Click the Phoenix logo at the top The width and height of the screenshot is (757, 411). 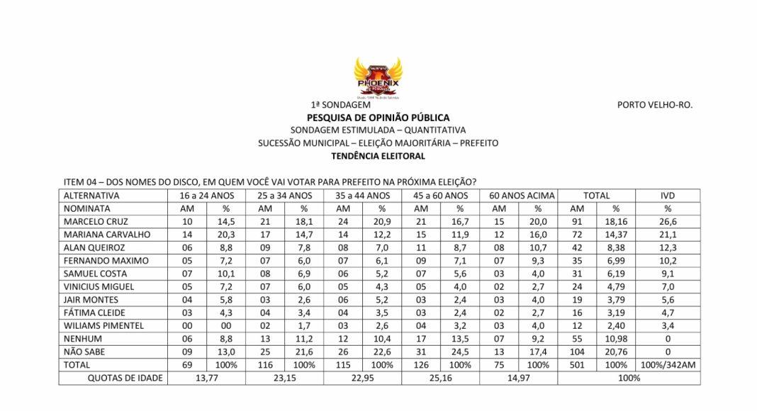pyautogui.click(x=377, y=77)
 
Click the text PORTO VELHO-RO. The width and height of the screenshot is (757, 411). pyautogui.click(x=654, y=105)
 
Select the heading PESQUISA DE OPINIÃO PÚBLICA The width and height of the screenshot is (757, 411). pyautogui.click(x=378, y=117)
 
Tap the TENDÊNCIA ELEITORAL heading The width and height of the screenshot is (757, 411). pyautogui.click(x=378, y=156)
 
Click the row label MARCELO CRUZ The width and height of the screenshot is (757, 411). pyautogui.click(x=94, y=222)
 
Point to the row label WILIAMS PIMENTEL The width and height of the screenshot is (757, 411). pyautogui.click(x=103, y=325)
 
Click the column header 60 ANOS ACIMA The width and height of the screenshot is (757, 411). pyautogui.click(x=518, y=196)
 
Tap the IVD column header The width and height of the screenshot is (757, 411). pyautogui.click(x=667, y=196)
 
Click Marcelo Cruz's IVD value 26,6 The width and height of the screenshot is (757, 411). pyautogui.click(x=667, y=222)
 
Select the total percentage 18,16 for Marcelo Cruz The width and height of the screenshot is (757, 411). pyautogui.click(x=615, y=222)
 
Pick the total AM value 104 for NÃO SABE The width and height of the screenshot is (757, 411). pyautogui.click(x=576, y=351)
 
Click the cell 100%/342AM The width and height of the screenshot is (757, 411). pyautogui.click(x=667, y=365)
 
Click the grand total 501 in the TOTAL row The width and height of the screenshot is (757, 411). pyautogui.click(x=576, y=365)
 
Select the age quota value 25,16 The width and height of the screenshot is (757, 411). pyautogui.click(x=440, y=378)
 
